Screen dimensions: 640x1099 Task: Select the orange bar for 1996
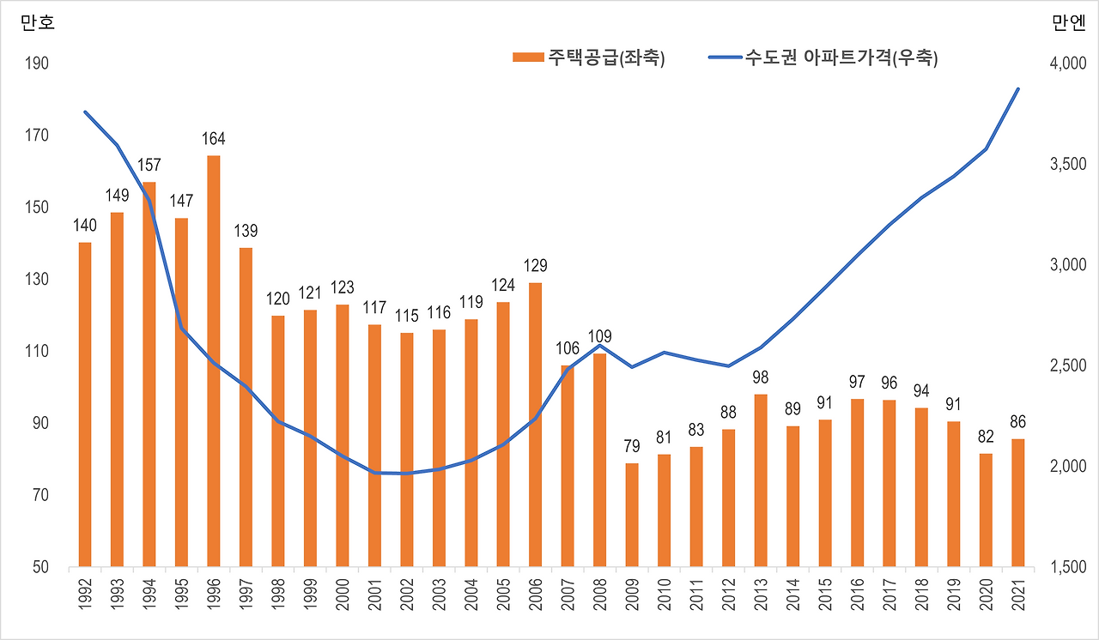click(x=213, y=360)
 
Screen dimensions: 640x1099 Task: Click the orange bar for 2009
click(x=632, y=515)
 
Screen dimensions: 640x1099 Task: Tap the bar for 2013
click(x=761, y=480)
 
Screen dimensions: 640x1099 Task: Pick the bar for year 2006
click(x=535, y=425)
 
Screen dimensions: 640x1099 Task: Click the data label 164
click(x=213, y=139)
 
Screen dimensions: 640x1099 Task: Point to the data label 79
click(x=632, y=446)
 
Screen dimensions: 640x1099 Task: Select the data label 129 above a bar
click(x=535, y=266)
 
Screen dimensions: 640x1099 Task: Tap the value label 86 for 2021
click(x=1018, y=422)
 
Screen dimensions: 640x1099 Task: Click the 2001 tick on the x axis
click(x=374, y=592)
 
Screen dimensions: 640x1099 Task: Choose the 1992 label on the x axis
click(x=85, y=592)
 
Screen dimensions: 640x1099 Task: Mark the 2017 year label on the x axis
click(x=890, y=592)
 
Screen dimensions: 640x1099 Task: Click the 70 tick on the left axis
click(x=39, y=496)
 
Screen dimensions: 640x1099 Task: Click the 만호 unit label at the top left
click(x=37, y=23)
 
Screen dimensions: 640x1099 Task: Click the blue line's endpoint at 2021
click(x=1018, y=88)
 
